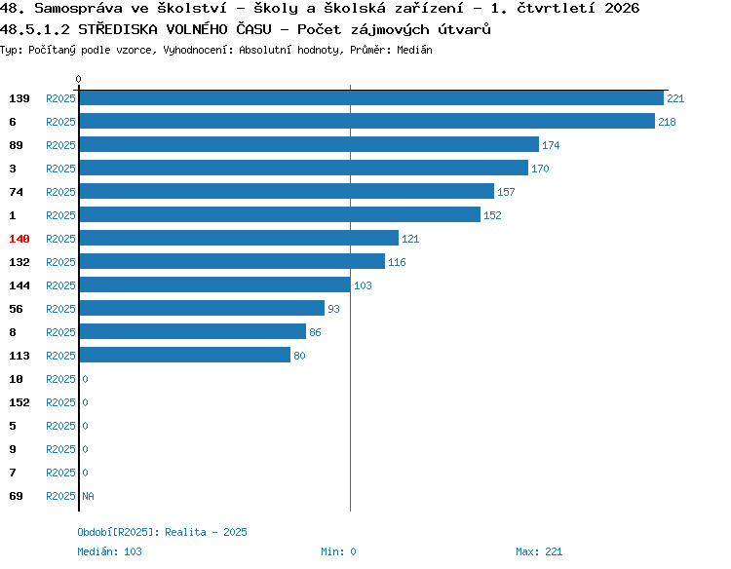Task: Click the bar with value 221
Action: [371, 97]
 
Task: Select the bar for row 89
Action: [309, 144]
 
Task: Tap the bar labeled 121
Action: [239, 238]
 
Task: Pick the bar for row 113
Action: [185, 355]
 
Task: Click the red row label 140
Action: [19, 239]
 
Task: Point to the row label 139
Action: [19, 98]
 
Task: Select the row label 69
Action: [16, 496]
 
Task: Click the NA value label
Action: [88, 496]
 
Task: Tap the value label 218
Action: [667, 122]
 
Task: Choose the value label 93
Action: [333, 309]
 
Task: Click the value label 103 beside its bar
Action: [363, 285]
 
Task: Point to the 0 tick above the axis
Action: [78, 79]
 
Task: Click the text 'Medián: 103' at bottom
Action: [109, 551]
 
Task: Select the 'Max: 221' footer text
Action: [539, 551]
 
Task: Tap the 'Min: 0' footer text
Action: [338, 551]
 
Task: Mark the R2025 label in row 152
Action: [60, 402]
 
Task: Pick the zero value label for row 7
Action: [86, 473]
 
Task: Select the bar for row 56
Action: [202, 308]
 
